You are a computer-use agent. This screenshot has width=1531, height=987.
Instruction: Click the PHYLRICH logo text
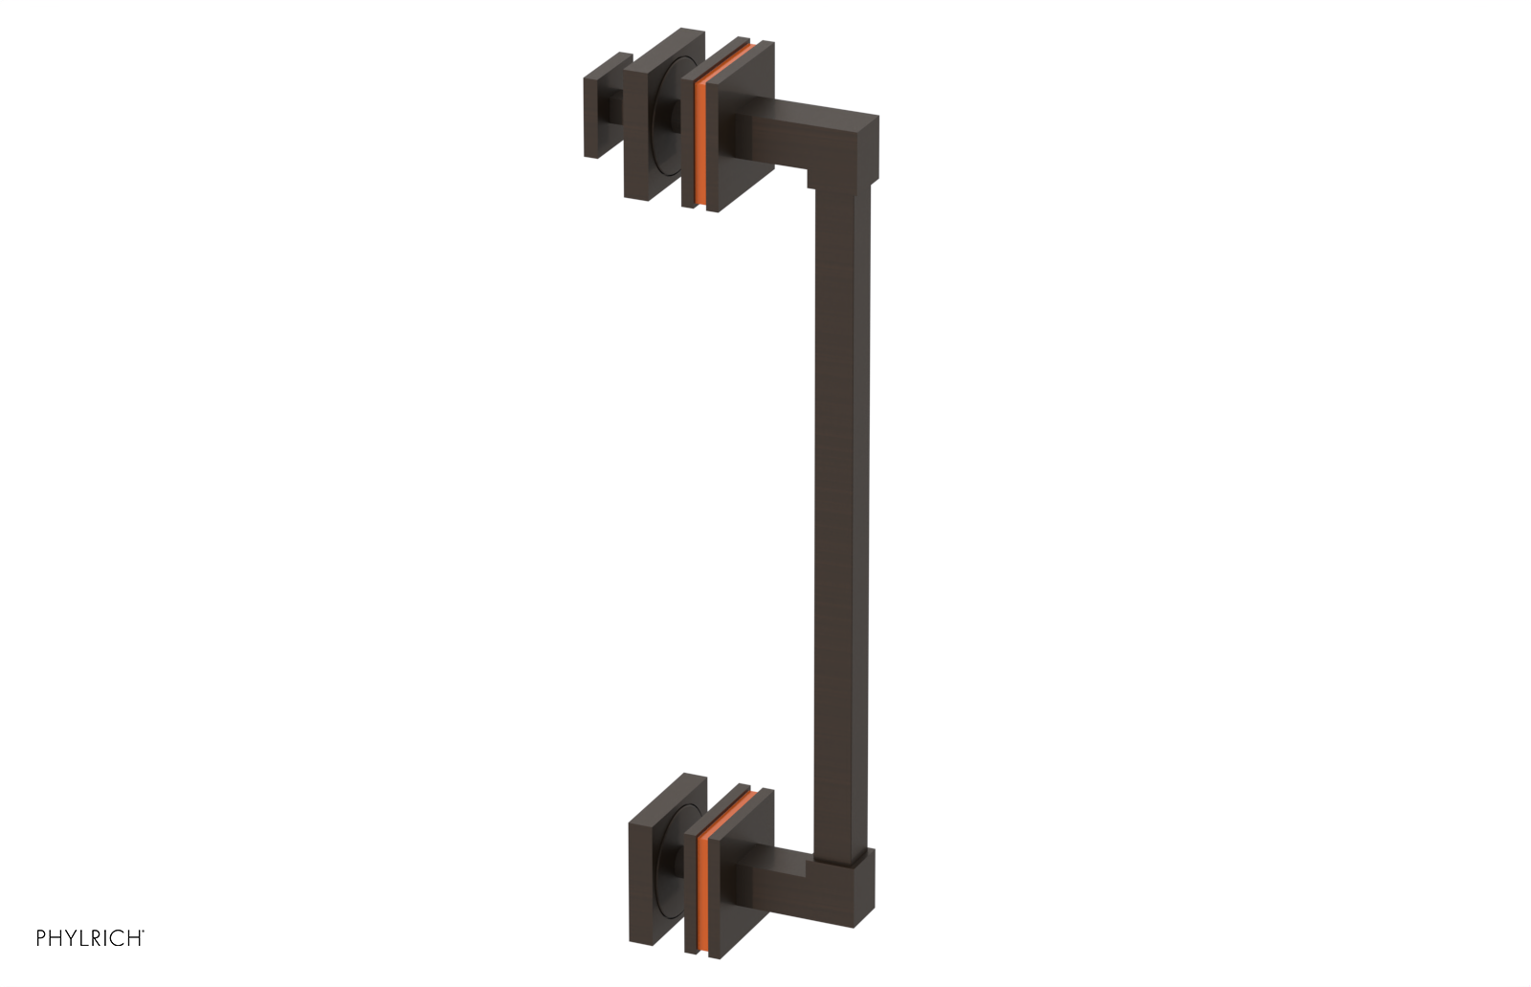(90, 938)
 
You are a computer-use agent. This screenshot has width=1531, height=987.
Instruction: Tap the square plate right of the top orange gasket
(742, 134)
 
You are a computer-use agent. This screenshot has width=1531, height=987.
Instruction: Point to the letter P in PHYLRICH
(41, 938)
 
